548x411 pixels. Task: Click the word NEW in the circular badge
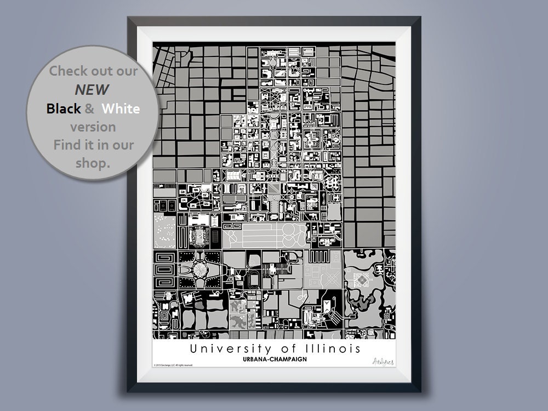click(93, 89)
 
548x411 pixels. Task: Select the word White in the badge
click(121, 109)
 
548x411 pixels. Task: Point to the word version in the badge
click(93, 127)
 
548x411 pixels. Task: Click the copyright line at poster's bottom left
click(173, 364)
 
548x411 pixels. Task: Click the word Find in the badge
click(66, 145)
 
